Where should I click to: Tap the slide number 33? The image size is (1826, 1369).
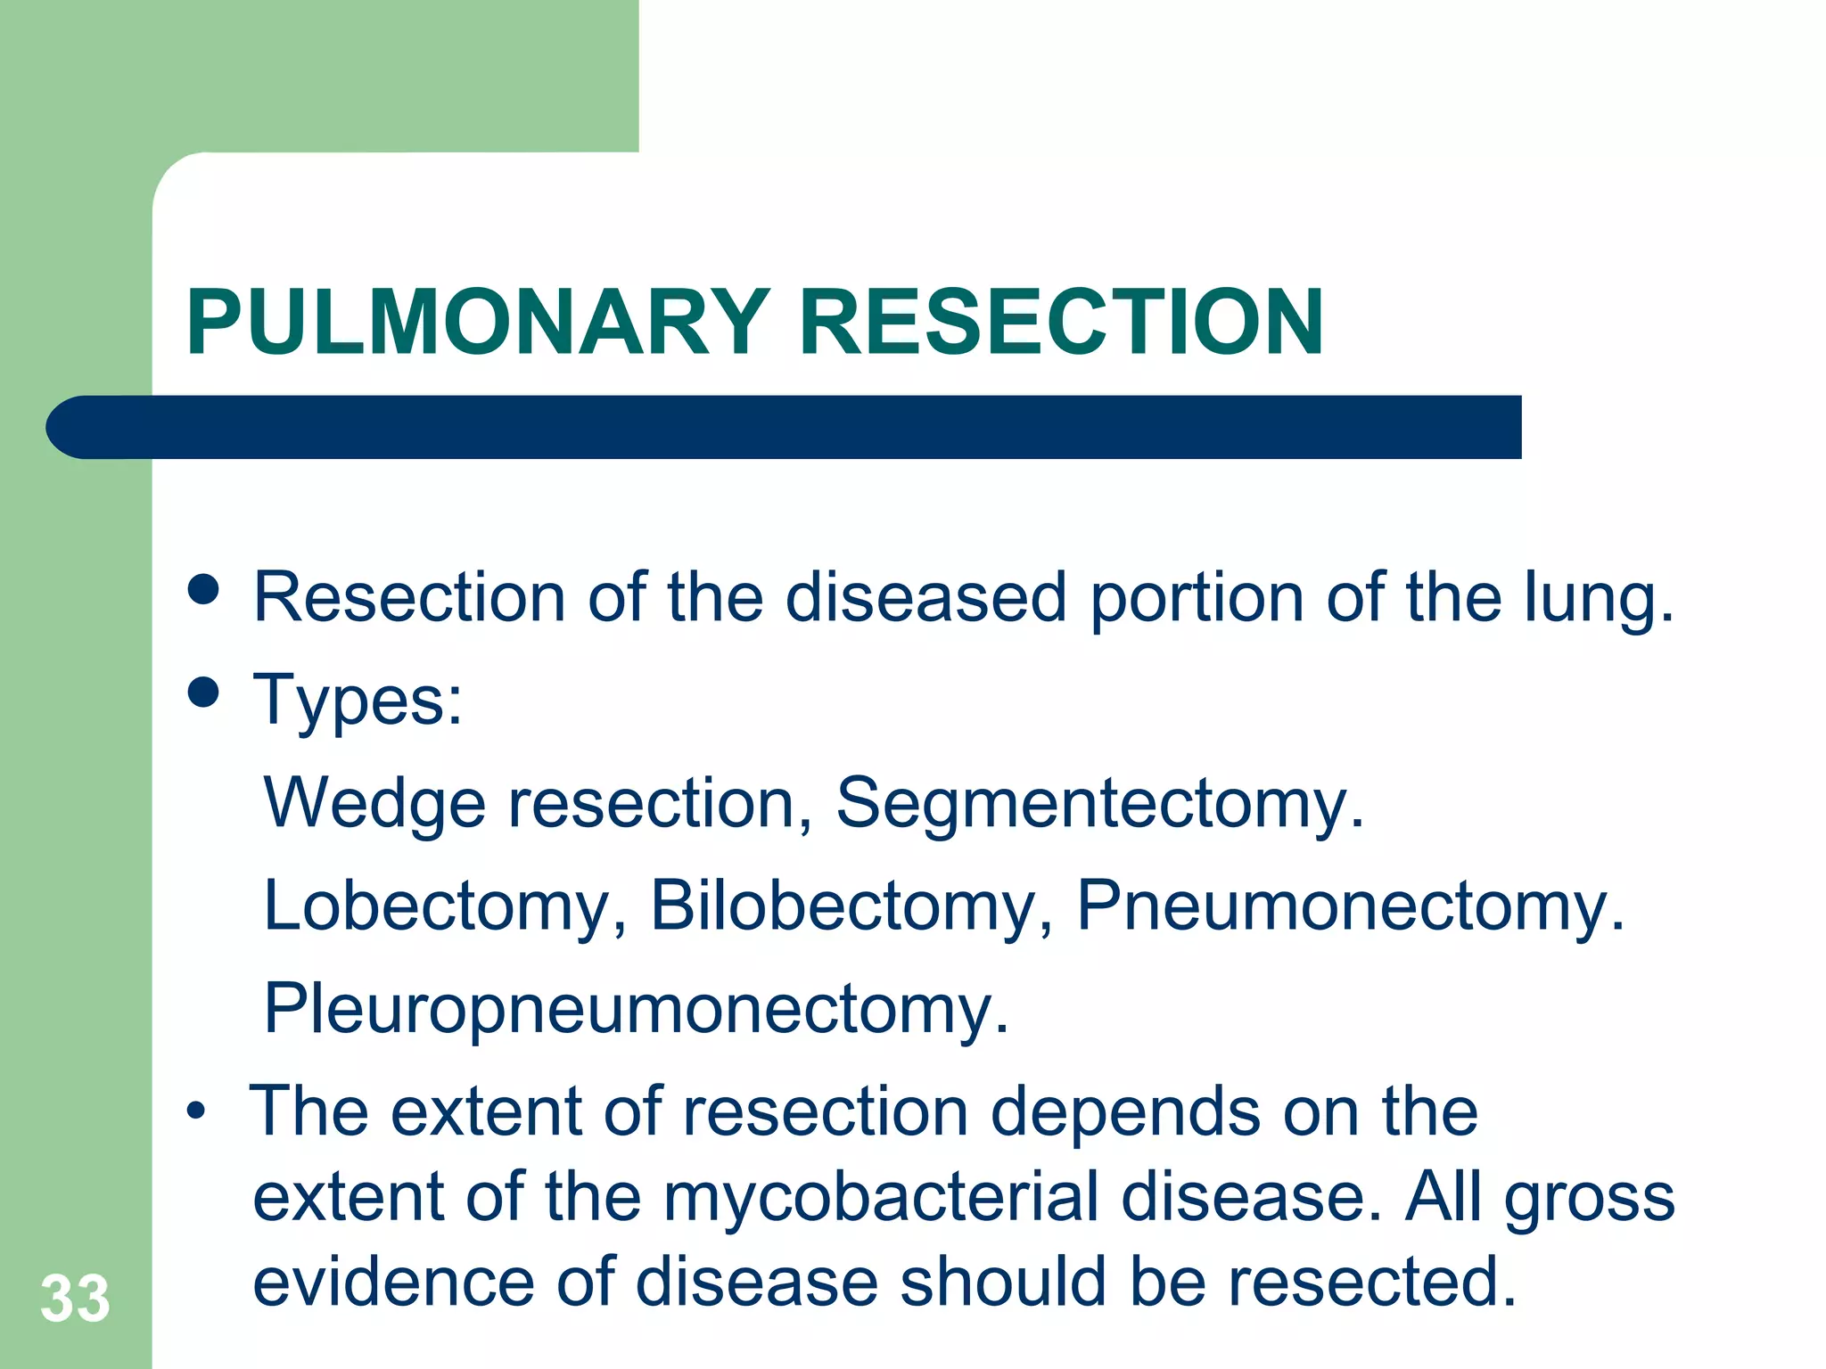coord(75,1299)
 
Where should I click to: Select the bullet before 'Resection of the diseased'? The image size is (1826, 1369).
coord(204,589)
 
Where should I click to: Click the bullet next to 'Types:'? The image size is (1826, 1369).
coord(204,693)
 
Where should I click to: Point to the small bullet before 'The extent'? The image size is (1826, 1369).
coord(196,1112)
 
